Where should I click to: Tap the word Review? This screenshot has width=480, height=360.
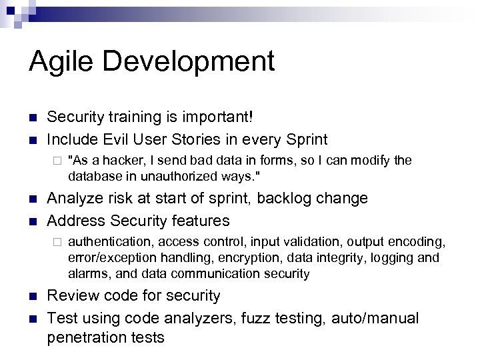71,295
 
